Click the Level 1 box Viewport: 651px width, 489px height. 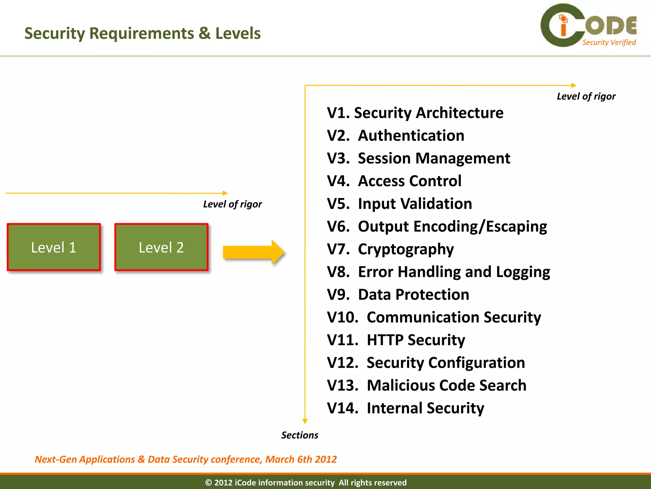click(54, 247)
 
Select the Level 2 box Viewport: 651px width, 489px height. click(161, 247)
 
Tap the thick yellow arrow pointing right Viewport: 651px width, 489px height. click(253, 252)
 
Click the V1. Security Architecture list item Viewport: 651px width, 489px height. click(415, 113)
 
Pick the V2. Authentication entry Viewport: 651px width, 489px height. click(395, 136)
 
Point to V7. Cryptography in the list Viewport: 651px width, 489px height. click(390, 249)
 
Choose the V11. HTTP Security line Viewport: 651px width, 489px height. click(396, 340)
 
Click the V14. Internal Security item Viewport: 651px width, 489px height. click(405, 408)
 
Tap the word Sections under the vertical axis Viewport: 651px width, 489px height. click(299, 435)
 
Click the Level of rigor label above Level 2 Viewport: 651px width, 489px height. click(232, 204)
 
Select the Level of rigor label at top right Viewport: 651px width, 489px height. click(586, 96)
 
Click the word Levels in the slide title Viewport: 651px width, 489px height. click(238, 33)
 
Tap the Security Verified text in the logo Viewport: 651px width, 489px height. click(609, 42)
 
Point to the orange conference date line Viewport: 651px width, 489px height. click(186, 459)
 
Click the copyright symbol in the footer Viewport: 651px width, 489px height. click(209, 483)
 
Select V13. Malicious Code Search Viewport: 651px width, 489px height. click(426, 386)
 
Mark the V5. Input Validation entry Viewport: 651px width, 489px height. click(399, 204)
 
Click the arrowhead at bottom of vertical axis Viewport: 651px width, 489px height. click(305, 421)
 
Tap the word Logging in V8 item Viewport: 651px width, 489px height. click(523, 272)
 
